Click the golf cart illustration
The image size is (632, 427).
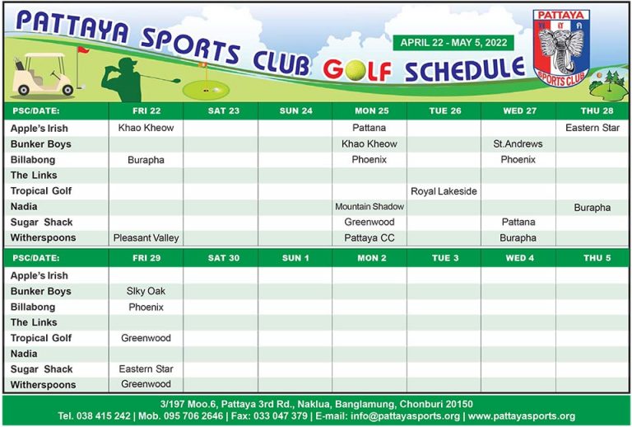42,73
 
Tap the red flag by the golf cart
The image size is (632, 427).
82,50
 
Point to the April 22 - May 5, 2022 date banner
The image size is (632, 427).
453,43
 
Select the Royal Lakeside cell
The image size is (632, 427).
444,191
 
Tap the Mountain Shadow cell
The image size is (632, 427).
369,207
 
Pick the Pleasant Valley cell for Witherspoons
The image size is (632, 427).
146,238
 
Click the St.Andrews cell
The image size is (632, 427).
518,144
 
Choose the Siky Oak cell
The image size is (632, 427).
146,291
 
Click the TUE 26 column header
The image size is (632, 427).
444,111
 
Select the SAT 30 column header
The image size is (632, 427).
220,258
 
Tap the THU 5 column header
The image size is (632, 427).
592,258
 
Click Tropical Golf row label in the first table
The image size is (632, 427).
40,191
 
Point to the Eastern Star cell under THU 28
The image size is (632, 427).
592,129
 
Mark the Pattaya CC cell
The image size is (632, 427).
369,238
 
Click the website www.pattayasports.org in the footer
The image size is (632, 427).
521,416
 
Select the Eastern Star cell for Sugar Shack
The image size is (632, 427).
146,369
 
